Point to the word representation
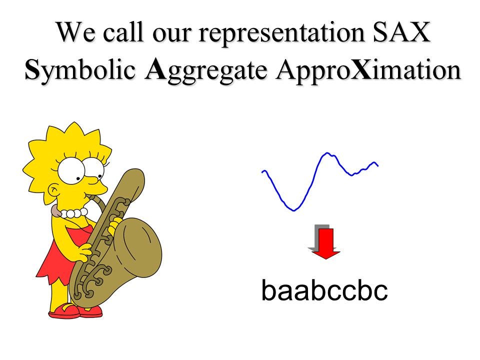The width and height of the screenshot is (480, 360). (x=281, y=33)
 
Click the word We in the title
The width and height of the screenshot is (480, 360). (x=75, y=31)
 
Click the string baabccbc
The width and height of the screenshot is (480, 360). (x=324, y=290)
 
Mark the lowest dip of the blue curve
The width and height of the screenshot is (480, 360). (x=294, y=210)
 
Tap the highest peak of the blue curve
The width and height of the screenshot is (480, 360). (x=327, y=153)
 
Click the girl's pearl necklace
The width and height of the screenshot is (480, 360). (x=73, y=213)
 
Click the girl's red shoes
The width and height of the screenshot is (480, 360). (x=75, y=310)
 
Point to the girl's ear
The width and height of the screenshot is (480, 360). (x=54, y=190)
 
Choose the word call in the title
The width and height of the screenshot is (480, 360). (x=123, y=31)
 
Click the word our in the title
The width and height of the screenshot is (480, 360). (x=171, y=34)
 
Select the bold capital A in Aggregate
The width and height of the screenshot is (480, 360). (x=155, y=69)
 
